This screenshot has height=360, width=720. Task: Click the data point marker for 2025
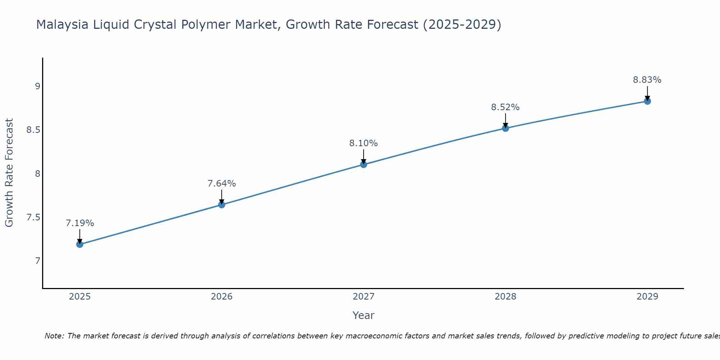80,244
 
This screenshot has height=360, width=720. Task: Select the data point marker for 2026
222,205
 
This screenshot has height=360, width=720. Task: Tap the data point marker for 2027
364,165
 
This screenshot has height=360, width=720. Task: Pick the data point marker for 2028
505,128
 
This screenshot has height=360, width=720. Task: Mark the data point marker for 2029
647,101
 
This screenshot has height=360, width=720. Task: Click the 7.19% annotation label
80,223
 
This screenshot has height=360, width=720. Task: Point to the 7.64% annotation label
222,184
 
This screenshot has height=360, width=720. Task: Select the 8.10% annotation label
364,143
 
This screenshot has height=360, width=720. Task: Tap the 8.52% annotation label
505,107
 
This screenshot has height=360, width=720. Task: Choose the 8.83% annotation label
647,80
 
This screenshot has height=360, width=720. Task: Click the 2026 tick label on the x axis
222,297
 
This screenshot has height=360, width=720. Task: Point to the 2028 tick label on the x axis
505,297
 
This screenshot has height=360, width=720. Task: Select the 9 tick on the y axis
37,86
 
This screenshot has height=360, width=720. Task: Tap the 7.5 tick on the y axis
33,217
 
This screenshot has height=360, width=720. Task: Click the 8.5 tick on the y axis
33,130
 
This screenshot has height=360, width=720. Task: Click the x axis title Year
364,315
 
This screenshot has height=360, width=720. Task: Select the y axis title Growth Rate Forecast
9,173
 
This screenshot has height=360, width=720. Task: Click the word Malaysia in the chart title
62,24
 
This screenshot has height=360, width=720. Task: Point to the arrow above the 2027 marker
364,156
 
